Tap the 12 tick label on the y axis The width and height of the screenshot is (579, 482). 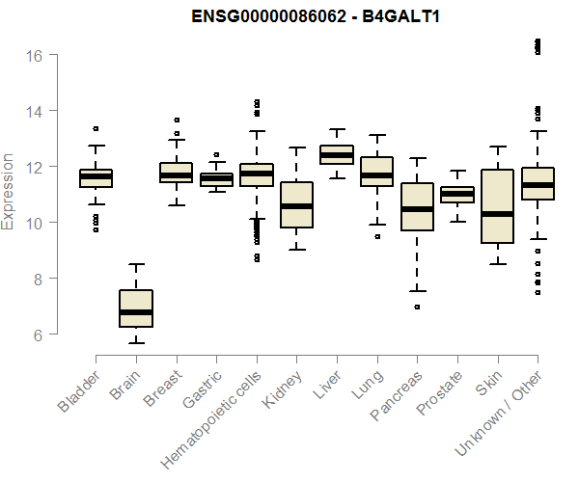tap(35, 167)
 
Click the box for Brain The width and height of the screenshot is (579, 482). tap(135, 308)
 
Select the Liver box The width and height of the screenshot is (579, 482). tap(337, 154)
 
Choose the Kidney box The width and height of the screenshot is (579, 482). tap(296, 204)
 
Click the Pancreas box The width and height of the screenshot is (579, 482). tap(417, 206)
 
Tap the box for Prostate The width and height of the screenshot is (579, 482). tap(457, 195)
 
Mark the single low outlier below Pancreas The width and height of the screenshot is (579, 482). tap(417, 307)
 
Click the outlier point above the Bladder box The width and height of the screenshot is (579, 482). tap(96, 128)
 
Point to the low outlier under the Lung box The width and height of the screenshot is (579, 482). tap(376, 235)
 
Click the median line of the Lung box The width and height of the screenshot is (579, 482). tap(376, 175)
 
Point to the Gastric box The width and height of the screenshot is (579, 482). tap(216, 179)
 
